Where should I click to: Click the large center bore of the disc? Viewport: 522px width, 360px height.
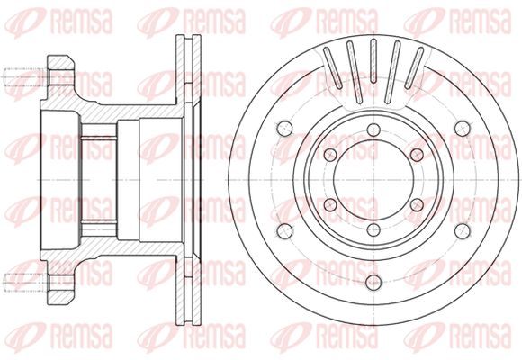(x=373, y=180)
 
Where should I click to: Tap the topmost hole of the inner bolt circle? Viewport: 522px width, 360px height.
(x=373, y=130)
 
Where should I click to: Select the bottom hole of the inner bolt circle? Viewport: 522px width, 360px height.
(x=373, y=229)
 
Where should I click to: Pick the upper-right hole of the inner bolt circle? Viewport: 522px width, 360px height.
(x=417, y=155)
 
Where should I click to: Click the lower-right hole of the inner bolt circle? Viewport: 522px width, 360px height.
(x=417, y=205)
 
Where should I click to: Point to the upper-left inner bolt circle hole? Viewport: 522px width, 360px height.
(x=330, y=155)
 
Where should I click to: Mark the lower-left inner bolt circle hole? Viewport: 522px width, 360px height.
(x=330, y=205)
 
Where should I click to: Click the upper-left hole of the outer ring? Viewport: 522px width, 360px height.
(x=285, y=129)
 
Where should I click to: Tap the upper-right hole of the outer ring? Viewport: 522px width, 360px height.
(x=463, y=129)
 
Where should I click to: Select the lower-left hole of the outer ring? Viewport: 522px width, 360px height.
(x=285, y=230)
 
